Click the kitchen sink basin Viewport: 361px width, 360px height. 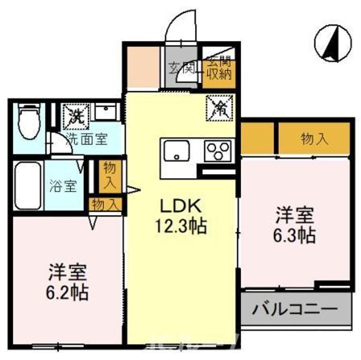[x=176, y=150]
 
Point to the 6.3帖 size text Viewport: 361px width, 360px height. [x=295, y=235]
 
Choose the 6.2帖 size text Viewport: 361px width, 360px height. [x=68, y=291]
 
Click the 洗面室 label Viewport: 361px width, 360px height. [x=87, y=139]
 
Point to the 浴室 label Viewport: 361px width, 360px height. [x=63, y=185]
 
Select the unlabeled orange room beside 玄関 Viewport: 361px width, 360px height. [x=143, y=68]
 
